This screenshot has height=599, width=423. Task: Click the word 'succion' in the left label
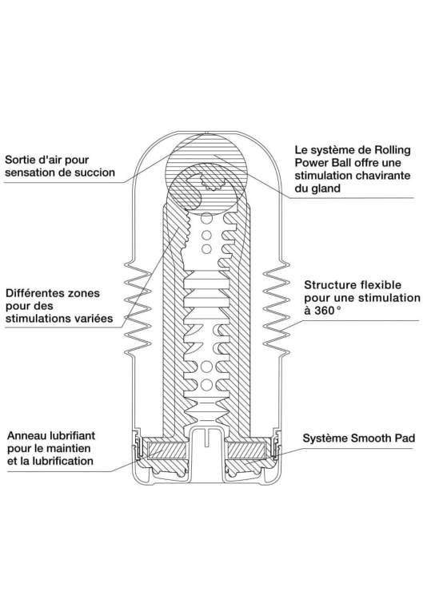(x=95, y=173)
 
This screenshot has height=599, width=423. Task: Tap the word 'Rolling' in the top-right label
(x=392, y=150)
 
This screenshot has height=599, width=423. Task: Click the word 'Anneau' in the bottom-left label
(x=25, y=435)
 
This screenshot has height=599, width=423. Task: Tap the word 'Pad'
(x=405, y=438)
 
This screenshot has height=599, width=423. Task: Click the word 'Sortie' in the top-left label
(x=20, y=160)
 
